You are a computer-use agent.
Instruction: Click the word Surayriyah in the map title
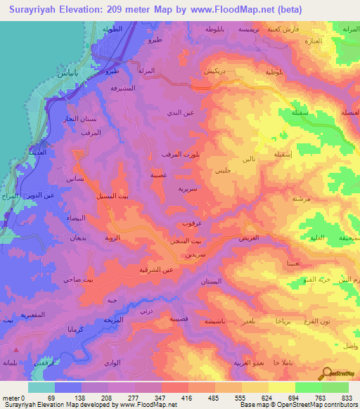32,10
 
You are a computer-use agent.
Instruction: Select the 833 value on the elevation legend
347,397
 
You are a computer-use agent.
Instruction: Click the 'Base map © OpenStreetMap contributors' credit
297,404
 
